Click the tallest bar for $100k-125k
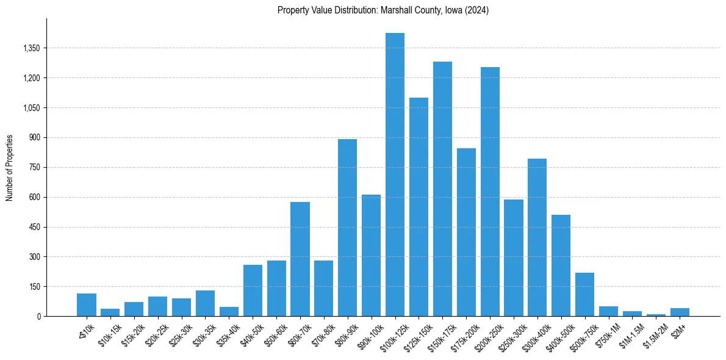coord(395,175)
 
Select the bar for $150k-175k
coord(442,189)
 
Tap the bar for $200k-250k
coord(490,192)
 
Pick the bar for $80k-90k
coord(347,228)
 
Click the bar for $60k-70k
coord(300,259)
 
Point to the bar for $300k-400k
coord(537,237)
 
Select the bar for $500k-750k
coord(584,294)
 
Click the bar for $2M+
coord(680,312)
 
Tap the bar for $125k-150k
coord(419,207)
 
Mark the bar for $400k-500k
coord(561,265)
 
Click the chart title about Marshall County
coord(383,10)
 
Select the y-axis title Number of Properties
coord(10,168)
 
